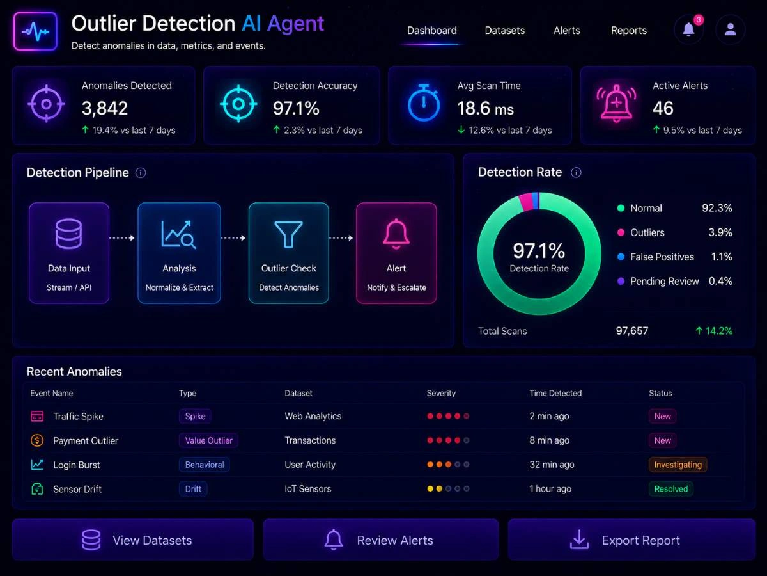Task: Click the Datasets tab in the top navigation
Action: coord(504,31)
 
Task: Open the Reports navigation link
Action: coord(629,31)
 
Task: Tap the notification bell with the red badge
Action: coord(689,29)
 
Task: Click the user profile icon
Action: coord(730,29)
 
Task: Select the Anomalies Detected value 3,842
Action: coord(105,108)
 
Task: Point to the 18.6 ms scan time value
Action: coord(486,108)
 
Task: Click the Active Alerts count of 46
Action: coord(663,108)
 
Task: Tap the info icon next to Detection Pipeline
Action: coord(141,173)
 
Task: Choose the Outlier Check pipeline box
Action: coord(289,253)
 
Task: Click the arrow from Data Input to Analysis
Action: coord(122,238)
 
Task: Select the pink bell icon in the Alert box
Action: coord(396,233)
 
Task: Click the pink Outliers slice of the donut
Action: coord(525,202)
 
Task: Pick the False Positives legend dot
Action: coord(621,257)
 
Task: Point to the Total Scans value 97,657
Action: coord(631,331)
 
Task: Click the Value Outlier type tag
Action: coord(208,440)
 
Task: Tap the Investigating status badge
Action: coord(678,465)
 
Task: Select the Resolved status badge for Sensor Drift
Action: coord(671,488)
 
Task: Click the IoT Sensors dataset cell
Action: coord(308,488)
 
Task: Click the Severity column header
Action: coord(441,393)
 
